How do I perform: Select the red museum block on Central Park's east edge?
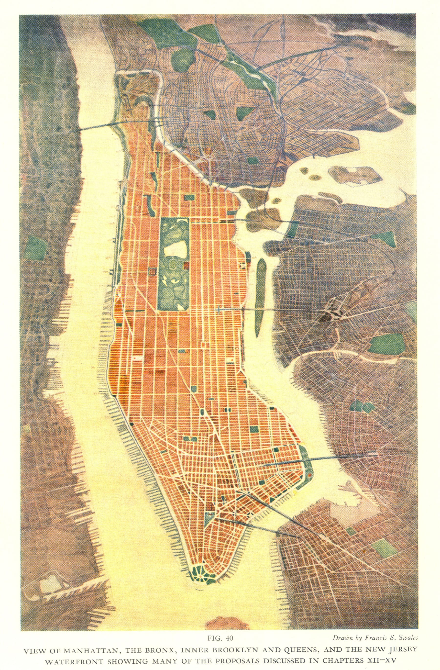point(186,265)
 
